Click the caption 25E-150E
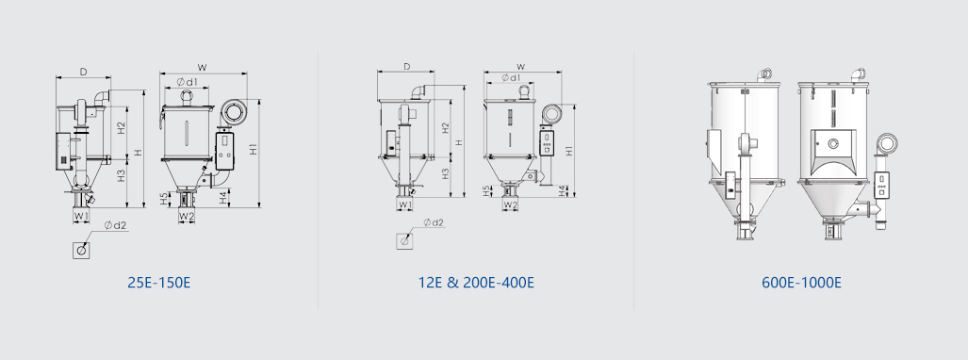coord(158,283)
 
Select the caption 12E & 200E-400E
coord(475,283)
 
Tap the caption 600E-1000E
coord(801,283)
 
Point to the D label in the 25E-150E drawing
coord(83,72)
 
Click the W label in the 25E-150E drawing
coord(202,67)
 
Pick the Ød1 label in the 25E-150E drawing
coord(187,81)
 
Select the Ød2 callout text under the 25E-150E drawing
coord(115,225)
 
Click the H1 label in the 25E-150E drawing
coord(254,149)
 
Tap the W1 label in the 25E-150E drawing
coord(81,216)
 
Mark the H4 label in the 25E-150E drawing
coord(224,198)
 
